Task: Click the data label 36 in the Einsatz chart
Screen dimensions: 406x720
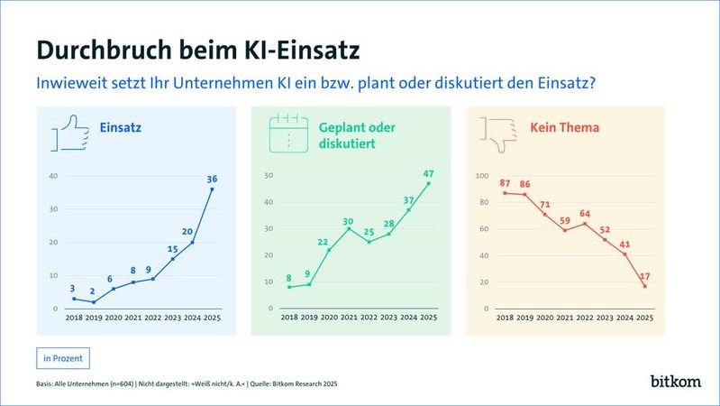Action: pos(212,178)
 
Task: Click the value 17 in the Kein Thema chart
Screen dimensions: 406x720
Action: pos(644,276)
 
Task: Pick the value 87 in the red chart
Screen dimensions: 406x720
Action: pos(506,182)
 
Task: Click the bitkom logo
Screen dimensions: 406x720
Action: pos(675,382)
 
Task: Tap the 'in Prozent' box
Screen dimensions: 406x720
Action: pos(63,358)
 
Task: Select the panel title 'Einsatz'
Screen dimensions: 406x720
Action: pos(121,128)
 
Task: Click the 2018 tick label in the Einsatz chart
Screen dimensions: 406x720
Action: pos(75,318)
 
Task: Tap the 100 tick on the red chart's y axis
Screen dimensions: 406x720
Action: pos(481,176)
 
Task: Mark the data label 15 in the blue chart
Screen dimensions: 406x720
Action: pos(172,249)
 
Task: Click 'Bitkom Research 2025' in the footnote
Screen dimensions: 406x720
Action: pos(299,385)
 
